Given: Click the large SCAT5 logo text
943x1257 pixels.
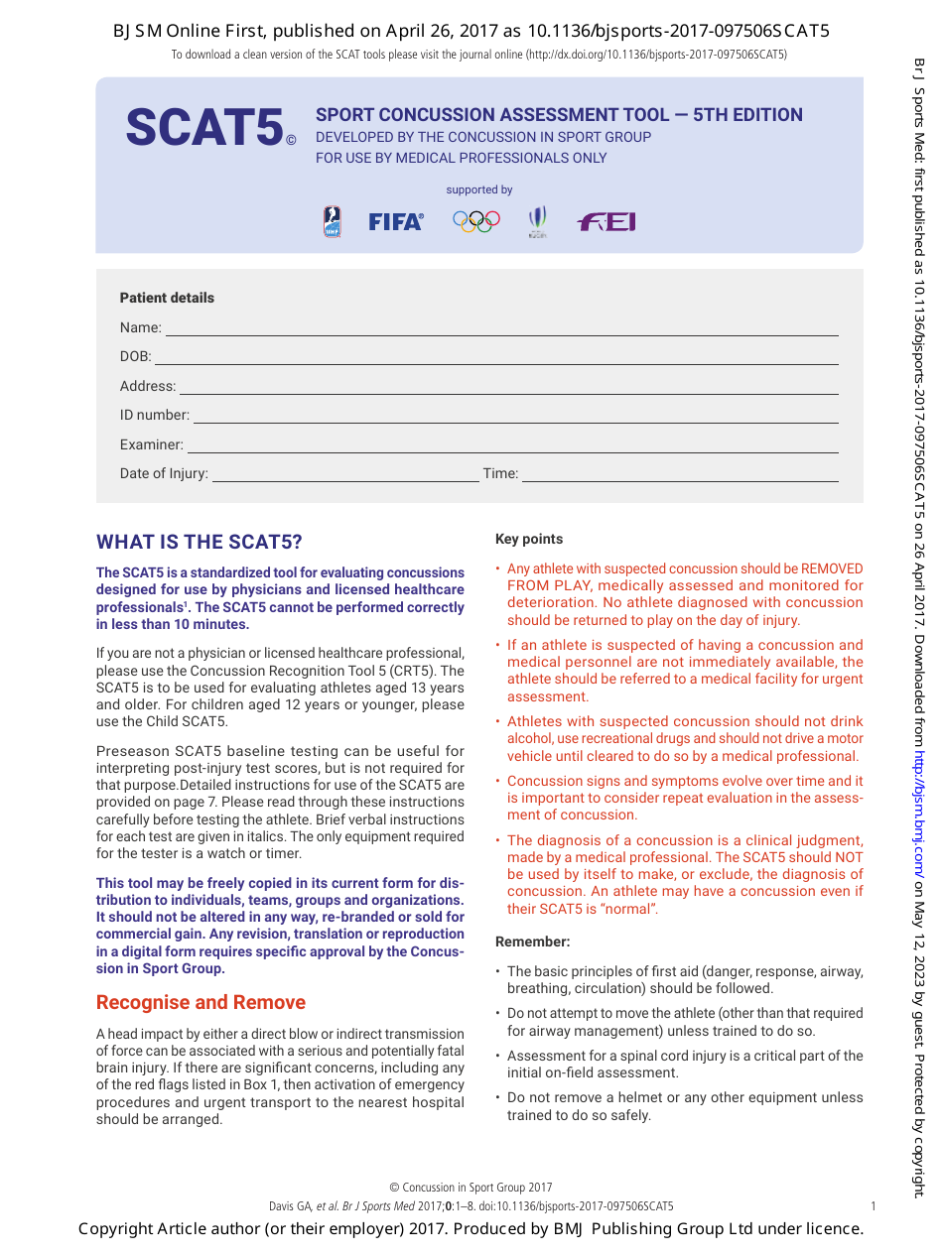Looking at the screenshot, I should click(x=204, y=128).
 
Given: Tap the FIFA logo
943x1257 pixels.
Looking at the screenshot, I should click(x=395, y=222).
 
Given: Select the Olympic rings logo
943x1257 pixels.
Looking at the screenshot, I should click(x=475, y=221).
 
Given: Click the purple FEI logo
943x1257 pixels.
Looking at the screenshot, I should click(x=606, y=222).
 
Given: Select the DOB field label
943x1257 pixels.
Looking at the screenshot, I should click(x=135, y=356).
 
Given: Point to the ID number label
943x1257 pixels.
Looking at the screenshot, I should click(x=154, y=415).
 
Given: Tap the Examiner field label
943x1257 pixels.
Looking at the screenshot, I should click(x=151, y=444).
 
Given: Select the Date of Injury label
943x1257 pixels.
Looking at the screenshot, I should click(x=164, y=473).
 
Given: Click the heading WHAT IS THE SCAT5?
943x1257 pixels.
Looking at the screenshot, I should click(x=199, y=542).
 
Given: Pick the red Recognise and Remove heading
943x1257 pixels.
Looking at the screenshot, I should click(x=201, y=1002).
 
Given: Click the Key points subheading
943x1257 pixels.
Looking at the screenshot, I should click(x=528, y=539).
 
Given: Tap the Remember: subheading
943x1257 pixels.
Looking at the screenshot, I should click(x=532, y=942).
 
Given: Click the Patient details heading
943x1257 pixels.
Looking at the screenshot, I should click(x=167, y=298).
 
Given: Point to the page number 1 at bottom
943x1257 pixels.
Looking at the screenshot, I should click(x=873, y=1206).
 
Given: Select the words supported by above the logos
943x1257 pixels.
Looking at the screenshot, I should click(x=479, y=189).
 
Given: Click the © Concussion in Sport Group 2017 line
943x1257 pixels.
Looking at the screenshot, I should click(x=471, y=1188).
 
